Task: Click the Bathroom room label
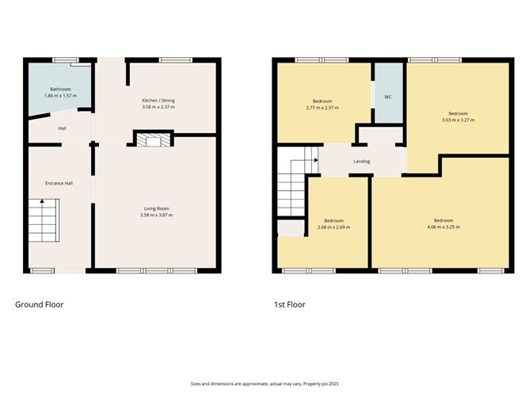(x=61, y=90)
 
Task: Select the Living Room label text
(x=156, y=208)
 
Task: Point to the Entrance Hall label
(x=59, y=183)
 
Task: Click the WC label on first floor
(x=388, y=97)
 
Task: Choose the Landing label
(x=362, y=162)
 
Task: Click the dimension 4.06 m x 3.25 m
(x=443, y=227)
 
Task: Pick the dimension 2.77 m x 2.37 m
(x=322, y=108)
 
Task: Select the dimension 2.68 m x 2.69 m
(x=333, y=227)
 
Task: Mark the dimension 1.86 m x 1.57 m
(x=61, y=96)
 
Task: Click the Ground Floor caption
(x=40, y=304)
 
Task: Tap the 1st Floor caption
(x=289, y=304)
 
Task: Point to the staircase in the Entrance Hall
(x=45, y=221)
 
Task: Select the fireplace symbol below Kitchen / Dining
(x=150, y=140)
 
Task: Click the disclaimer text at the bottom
(x=264, y=383)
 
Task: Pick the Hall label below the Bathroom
(x=62, y=128)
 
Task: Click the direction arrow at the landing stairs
(x=315, y=160)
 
